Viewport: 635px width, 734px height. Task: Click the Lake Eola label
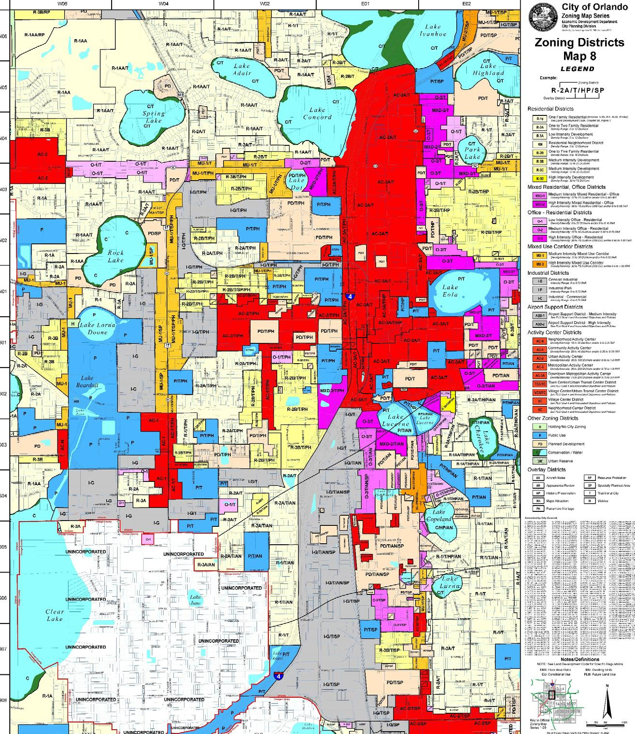(x=451, y=290)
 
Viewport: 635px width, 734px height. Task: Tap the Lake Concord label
(x=317, y=113)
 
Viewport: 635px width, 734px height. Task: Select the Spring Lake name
(x=153, y=117)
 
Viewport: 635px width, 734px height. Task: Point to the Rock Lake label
(x=115, y=256)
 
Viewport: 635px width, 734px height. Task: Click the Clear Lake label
(x=55, y=615)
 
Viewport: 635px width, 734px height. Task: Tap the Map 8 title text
(x=579, y=56)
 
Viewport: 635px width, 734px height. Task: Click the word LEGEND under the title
(x=578, y=69)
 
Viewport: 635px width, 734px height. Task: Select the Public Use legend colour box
(x=539, y=435)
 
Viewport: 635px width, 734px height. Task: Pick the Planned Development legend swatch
(x=539, y=444)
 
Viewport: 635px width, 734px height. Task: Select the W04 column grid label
(x=163, y=3)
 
